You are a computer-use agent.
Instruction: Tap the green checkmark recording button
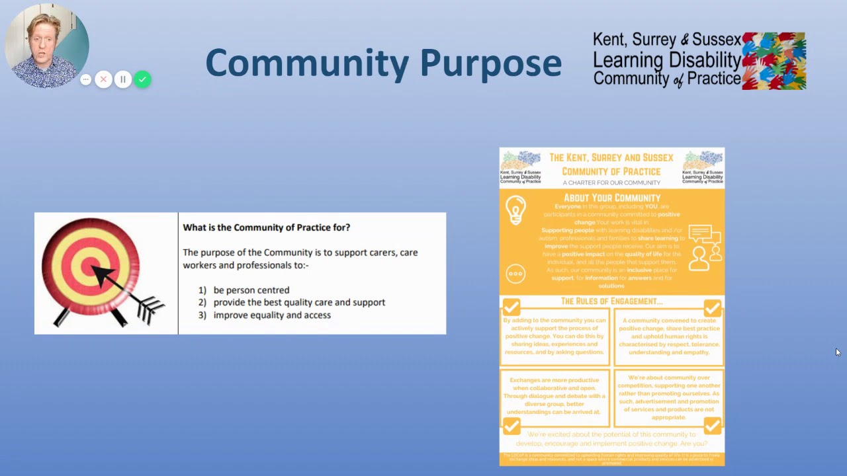(x=142, y=79)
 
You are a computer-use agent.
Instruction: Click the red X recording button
(x=103, y=79)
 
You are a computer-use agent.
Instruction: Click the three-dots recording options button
(x=85, y=79)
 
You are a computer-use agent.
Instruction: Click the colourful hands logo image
(x=774, y=61)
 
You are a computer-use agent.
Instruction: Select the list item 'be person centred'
(x=251, y=290)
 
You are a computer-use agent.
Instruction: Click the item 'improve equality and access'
(x=271, y=315)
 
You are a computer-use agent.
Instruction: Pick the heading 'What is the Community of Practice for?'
(x=266, y=227)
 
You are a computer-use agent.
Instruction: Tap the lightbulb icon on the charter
(x=515, y=210)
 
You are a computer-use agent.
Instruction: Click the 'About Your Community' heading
(x=611, y=198)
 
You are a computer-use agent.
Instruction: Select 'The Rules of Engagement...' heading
(x=611, y=301)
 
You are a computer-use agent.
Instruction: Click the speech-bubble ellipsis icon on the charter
(x=515, y=274)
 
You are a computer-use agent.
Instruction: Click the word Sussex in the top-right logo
(x=719, y=40)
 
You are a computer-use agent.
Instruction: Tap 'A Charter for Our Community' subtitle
(x=611, y=182)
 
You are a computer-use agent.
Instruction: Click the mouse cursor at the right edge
(x=837, y=352)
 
